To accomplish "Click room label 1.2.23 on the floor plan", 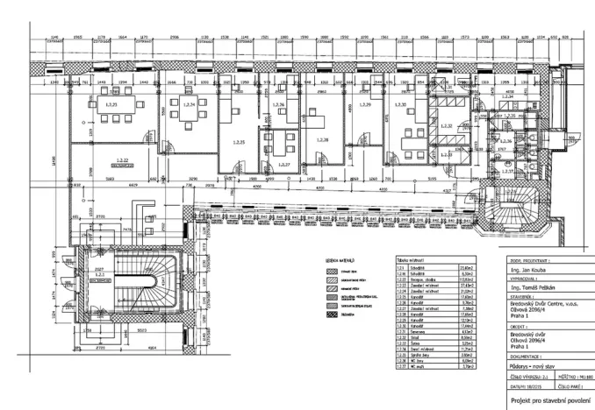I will click(111, 104).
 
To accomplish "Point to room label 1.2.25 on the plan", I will click(234, 141).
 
